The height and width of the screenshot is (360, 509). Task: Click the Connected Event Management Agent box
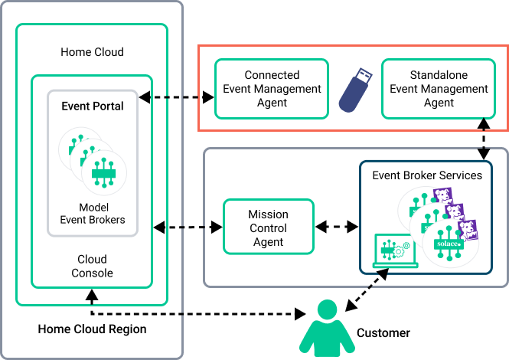click(272, 89)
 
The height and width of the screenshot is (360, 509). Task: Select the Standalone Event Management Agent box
click(439, 89)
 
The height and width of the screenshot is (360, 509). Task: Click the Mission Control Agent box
click(268, 227)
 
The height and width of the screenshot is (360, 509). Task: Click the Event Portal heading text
click(93, 106)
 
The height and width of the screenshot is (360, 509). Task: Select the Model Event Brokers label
click(92, 214)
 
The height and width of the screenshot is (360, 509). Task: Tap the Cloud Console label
click(92, 266)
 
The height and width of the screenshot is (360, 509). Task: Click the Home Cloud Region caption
click(92, 329)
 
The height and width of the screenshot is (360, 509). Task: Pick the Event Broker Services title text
click(427, 175)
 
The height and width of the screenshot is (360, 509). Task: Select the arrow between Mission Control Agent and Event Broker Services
click(337, 227)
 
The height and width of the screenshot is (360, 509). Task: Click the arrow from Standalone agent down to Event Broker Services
click(484, 146)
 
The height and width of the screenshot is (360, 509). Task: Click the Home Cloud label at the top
click(92, 52)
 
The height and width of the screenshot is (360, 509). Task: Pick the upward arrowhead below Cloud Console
click(92, 293)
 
